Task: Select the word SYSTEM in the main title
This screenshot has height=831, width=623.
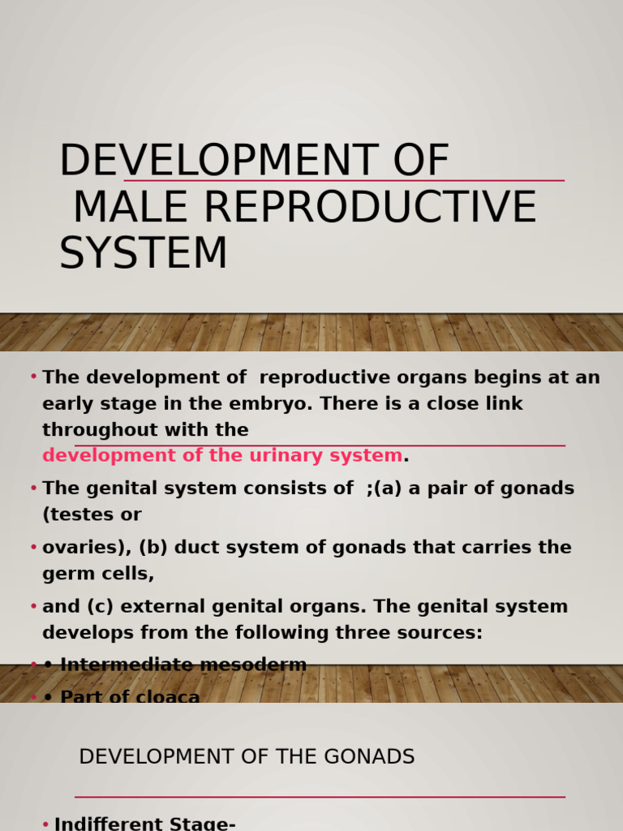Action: [x=143, y=253]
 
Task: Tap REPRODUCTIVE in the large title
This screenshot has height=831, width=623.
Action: [x=369, y=207]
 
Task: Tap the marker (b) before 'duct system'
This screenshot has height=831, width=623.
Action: [x=153, y=548]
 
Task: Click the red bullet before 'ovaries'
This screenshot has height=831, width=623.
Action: [x=33, y=548]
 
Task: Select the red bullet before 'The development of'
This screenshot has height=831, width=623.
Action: [x=33, y=377]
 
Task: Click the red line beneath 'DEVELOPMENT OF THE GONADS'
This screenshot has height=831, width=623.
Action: [x=320, y=797]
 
